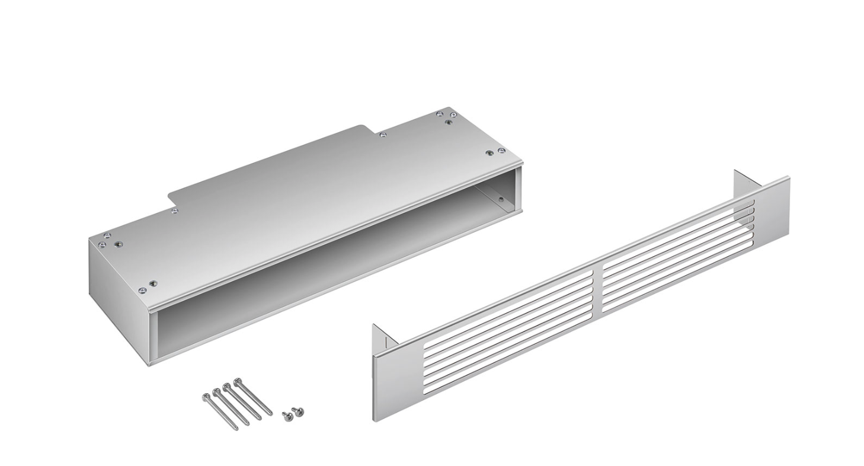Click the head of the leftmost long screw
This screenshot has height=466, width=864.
[x=206, y=397]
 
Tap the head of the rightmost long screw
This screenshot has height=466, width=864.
[x=237, y=381]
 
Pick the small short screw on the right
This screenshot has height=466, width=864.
[x=299, y=410]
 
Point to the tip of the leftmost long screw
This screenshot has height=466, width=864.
[x=236, y=428]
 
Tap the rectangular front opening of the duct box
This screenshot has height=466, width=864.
[x=332, y=279]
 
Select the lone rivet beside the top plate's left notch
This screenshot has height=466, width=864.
[x=174, y=210]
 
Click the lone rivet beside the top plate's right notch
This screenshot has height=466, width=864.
[x=383, y=135]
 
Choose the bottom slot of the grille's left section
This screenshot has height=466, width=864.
[x=510, y=350]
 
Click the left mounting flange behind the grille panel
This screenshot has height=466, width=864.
[x=384, y=336]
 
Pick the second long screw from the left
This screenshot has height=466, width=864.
[x=217, y=392]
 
